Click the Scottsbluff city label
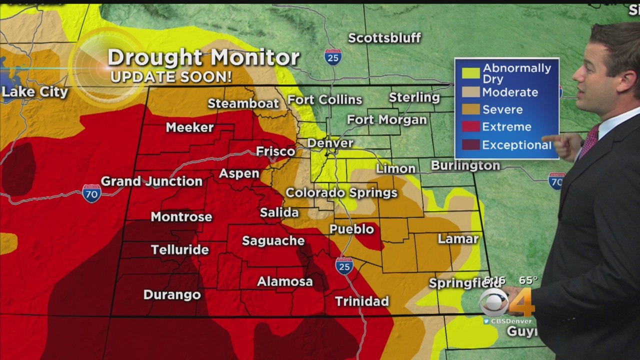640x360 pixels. pyautogui.click(x=384, y=38)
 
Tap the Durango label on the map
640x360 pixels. pyautogui.click(x=172, y=294)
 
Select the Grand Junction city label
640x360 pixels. pyautogui.click(x=151, y=181)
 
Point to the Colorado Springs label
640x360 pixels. pyautogui.click(x=341, y=193)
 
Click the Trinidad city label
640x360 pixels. pyautogui.click(x=362, y=301)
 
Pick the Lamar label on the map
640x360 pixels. pyautogui.click(x=458, y=239)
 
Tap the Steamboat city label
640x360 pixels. pyautogui.click(x=243, y=103)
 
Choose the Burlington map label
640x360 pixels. pyautogui.click(x=465, y=165)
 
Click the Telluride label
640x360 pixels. pyautogui.click(x=179, y=249)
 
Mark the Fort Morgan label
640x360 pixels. pyautogui.click(x=387, y=120)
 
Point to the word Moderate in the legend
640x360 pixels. pyautogui.click(x=510, y=92)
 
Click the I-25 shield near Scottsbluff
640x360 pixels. pyautogui.click(x=332, y=57)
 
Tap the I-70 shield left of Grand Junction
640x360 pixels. pyautogui.click(x=91, y=193)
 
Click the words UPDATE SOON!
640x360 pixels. pyautogui.click(x=171, y=77)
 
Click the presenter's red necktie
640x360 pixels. pyautogui.click(x=589, y=140)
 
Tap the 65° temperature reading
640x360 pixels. pyautogui.click(x=527, y=281)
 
